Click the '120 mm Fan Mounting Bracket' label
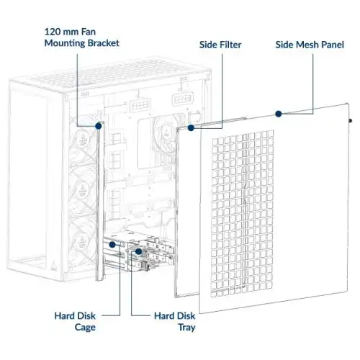[82, 37]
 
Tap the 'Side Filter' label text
[220, 45]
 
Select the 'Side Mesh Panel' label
[310, 45]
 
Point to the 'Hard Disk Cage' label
[75, 322]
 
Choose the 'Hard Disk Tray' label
[175, 322]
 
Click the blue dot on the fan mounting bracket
[99, 126]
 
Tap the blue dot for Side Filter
[191, 128]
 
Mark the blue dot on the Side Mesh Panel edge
[279, 114]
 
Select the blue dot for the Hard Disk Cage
[112, 245]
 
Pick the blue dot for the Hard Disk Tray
[138, 251]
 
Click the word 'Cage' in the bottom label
[85, 328]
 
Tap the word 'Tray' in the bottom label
[186, 328]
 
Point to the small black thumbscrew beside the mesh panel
[351, 121]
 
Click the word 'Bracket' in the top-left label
[104, 43]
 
